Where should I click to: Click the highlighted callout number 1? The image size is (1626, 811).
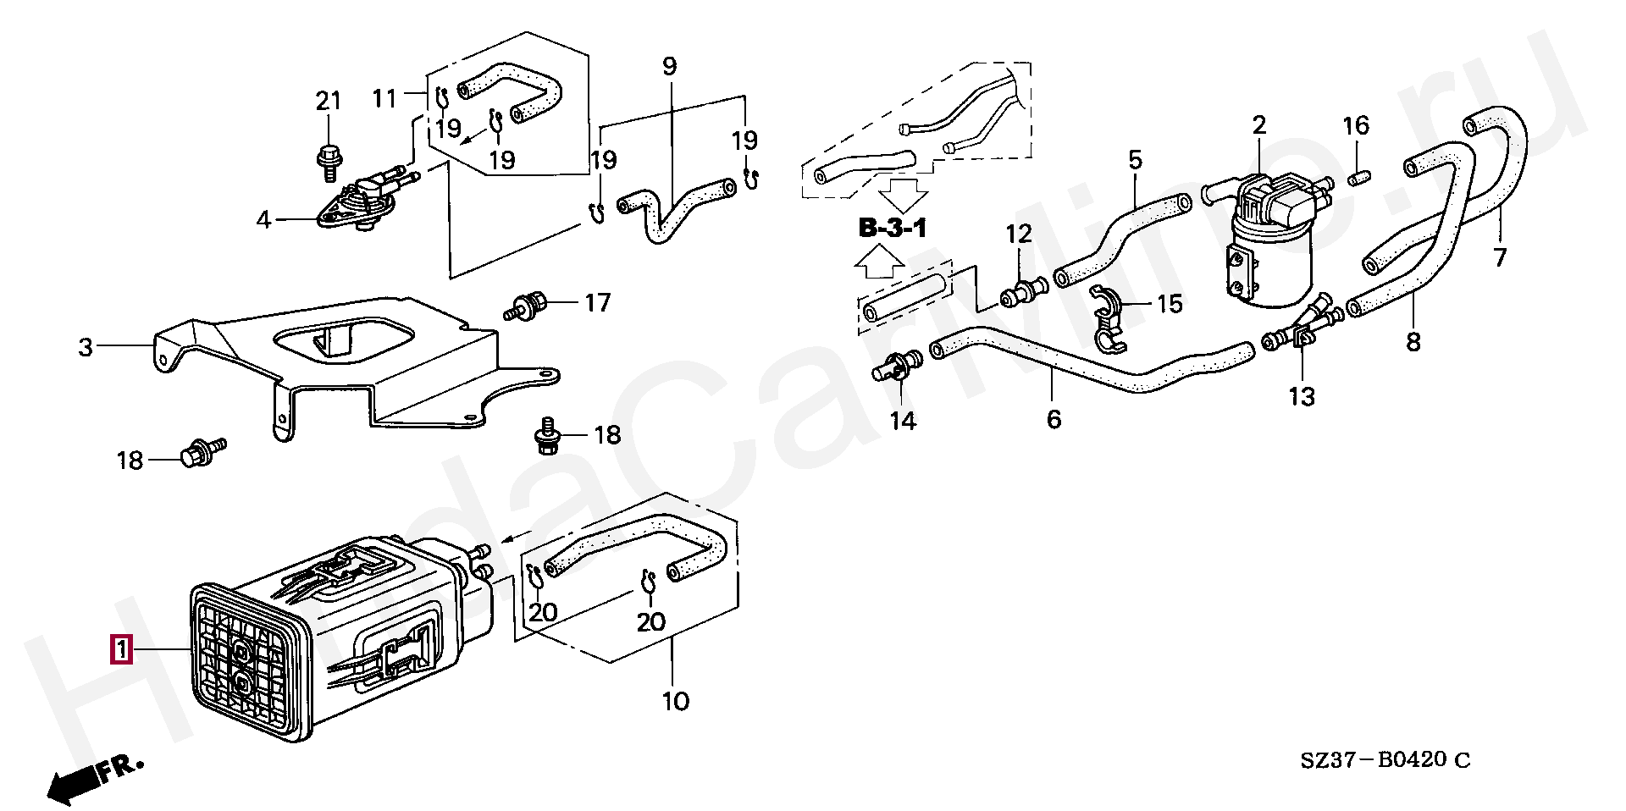coord(122,649)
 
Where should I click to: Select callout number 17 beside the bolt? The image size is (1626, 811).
coord(597,302)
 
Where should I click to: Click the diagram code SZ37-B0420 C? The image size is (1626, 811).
coord(1385,759)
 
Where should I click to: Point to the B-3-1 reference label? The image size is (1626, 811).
coord(893,228)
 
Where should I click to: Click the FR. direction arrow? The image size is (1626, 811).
coord(93,777)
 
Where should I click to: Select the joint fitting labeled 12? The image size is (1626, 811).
coord(1023,292)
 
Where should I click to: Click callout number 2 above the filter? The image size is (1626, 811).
coord(1259,125)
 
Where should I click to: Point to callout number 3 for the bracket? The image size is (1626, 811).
coord(86,346)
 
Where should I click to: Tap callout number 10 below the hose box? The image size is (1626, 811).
coord(675,701)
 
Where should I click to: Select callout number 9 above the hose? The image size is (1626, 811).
coord(670,65)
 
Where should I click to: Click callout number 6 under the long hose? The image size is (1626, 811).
coord(1054,418)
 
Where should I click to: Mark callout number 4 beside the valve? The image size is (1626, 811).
coord(263,220)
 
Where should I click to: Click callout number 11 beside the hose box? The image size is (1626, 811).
coord(384,98)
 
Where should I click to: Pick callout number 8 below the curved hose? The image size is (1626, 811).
coord(1413,341)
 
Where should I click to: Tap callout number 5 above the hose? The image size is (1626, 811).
coord(1135,158)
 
